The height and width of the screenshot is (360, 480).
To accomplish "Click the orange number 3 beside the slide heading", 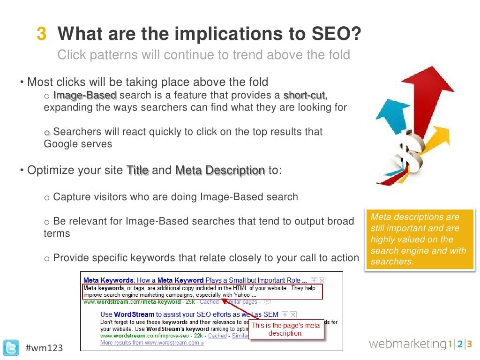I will [x=42, y=34].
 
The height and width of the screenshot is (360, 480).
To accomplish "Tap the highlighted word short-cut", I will [x=305, y=95].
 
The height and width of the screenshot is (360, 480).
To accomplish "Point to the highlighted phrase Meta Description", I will [x=220, y=170].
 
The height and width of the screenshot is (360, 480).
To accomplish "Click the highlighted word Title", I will [x=138, y=170].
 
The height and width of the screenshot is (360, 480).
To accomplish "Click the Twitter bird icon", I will [x=11, y=347].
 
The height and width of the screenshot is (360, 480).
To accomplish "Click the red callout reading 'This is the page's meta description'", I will [x=286, y=329].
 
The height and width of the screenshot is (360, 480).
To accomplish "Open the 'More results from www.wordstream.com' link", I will [x=152, y=343].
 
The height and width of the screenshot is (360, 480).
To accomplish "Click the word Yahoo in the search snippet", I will [x=241, y=295].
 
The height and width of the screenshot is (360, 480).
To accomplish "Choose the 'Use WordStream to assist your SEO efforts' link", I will [x=189, y=315].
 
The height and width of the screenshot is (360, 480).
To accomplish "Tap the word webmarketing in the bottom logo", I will [x=406, y=344].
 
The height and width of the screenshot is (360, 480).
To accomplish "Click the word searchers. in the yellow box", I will [x=392, y=261].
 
